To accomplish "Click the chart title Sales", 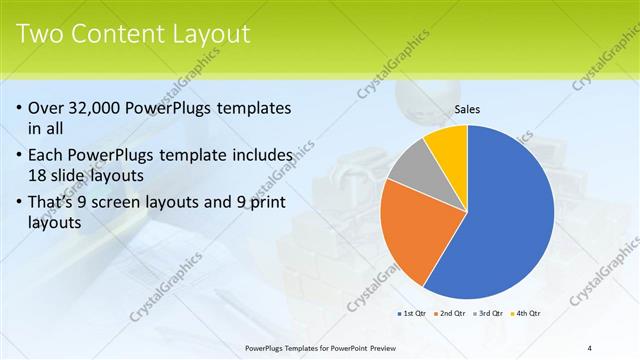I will pos(467,109).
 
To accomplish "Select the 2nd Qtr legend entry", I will pos(452,313).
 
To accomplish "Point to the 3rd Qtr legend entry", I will pos(489,313).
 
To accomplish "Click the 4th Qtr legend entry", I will pos(527,313).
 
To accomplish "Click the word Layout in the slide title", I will pos(211,34).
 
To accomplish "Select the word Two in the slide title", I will pos(40,34).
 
